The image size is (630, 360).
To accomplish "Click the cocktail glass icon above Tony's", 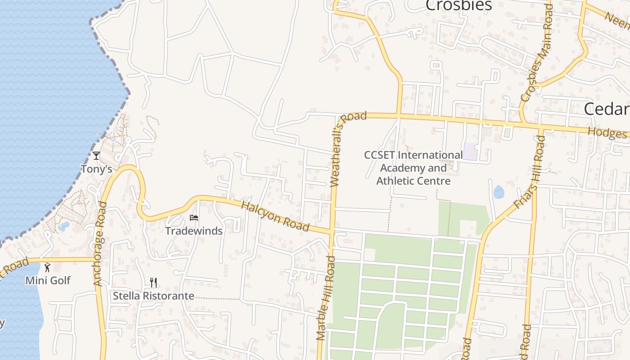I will (x=96, y=156).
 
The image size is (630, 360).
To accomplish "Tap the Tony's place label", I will (x=96, y=169).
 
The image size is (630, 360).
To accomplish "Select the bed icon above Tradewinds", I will (x=194, y=218).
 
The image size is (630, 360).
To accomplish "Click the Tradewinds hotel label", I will (x=193, y=231).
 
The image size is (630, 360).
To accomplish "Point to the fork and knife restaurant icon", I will (x=154, y=283).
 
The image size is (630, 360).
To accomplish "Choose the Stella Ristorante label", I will (x=153, y=296).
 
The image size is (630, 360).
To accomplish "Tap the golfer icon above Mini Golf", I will (x=47, y=267).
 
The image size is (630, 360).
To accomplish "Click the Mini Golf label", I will (x=48, y=280).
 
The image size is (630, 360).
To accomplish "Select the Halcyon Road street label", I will (x=275, y=216).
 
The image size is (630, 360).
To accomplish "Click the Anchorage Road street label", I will (x=100, y=243).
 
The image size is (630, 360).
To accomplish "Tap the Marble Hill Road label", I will (x=326, y=298).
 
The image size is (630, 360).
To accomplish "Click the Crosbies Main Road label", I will (x=536, y=54).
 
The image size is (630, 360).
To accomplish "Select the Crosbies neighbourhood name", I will (x=459, y=5).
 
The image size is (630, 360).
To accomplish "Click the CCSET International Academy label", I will (x=413, y=168).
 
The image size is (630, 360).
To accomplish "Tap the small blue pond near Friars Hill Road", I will (x=499, y=192).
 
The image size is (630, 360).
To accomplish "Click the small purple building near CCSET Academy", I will (x=470, y=151).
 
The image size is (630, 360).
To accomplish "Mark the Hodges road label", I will (x=607, y=133).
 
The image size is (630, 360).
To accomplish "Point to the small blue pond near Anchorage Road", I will (x=64, y=226).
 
